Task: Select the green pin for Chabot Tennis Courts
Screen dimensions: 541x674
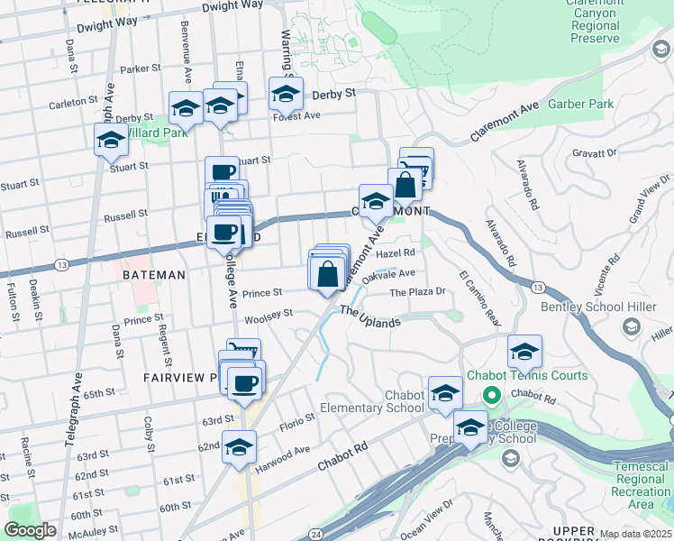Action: click(x=492, y=395)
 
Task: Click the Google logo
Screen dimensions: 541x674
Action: click(x=30, y=530)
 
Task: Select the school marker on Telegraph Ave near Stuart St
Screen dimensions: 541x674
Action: click(x=112, y=140)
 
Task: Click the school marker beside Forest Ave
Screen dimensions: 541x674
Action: click(x=287, y=93)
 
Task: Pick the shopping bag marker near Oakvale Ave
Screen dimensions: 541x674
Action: click(x=328, y=272)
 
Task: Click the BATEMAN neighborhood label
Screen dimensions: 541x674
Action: click(x=154, y=275)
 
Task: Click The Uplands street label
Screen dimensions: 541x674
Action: click(x=369, y=316)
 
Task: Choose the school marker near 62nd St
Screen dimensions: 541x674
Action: click(x=239, y=447)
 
